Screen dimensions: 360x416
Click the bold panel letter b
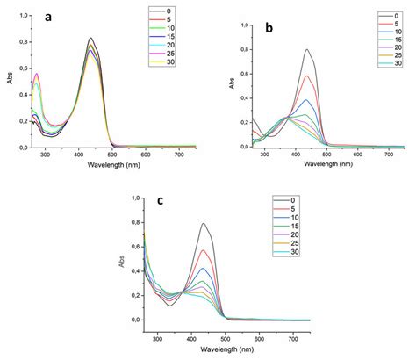click(269, 29)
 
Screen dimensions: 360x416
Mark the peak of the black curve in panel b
click(307, 49)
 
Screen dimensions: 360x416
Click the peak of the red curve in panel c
click(204, 250)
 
